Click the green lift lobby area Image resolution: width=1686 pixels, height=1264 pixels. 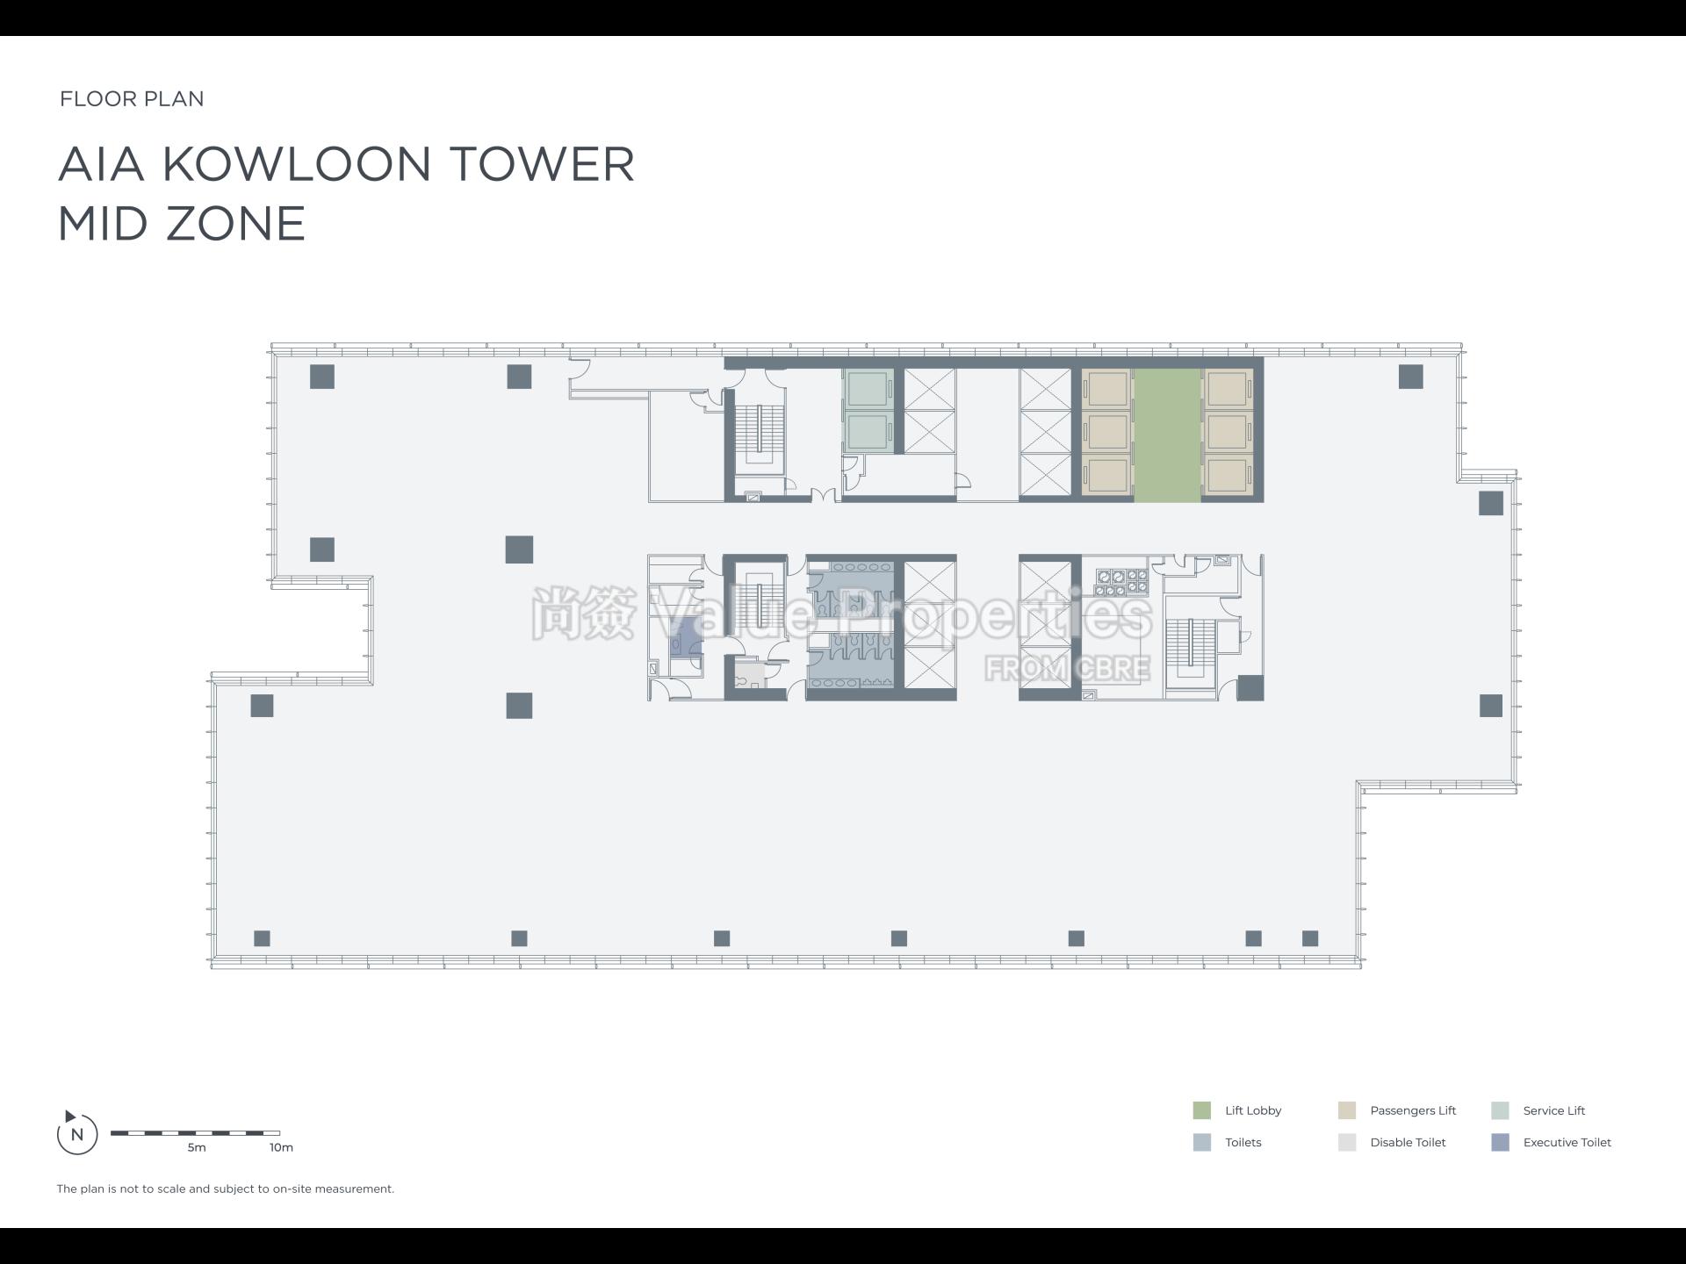tap(1167, 434)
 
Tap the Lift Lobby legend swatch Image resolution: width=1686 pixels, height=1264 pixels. tap(1201, 1110)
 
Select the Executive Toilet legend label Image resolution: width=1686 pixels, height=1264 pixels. tap(1567, 1142)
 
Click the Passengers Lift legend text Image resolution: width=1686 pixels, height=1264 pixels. tap(1412, 1110)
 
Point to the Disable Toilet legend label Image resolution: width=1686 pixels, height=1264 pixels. tap(1407, 1142)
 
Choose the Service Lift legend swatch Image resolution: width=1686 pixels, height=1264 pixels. tap(1500, 1110)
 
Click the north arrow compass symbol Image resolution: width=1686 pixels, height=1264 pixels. tap(76, 1133)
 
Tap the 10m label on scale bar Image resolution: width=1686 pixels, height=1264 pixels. tap(281, 1147)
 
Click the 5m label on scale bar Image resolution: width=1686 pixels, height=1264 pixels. tap(196, 1147)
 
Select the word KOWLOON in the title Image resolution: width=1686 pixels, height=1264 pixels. tap(297, 164)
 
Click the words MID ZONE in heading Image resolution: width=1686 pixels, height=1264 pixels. tap(182, 224)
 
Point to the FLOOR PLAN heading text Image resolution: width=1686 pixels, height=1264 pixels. tap(132, 98)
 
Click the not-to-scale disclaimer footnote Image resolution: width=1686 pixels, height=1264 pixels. tap(226, 1189)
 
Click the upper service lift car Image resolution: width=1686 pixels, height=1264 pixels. tap(868, 389)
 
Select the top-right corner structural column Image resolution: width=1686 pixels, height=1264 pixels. tap(1410, 377)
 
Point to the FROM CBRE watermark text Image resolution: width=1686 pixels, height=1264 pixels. tap(1066, 669)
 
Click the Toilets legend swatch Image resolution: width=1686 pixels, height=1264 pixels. tap(1201, 1142)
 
